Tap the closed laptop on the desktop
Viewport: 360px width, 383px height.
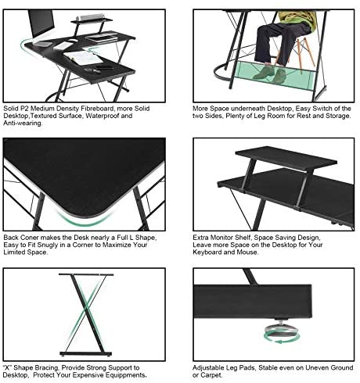(102, 38)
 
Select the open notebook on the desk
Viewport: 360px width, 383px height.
(83, 58)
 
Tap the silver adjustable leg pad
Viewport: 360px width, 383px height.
(281, 329)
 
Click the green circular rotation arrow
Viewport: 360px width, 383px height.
(282, 338)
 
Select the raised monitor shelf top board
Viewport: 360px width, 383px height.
(286, 158)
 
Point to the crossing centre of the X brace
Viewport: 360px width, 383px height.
(86, 311)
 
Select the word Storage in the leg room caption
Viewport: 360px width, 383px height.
(338, 116)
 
